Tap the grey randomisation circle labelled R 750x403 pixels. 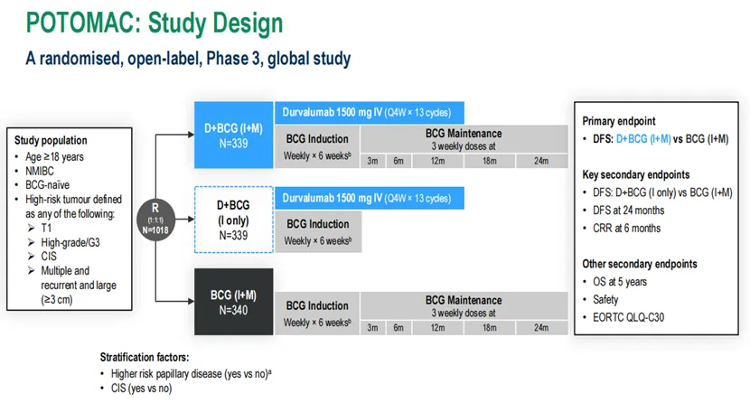point(155,220)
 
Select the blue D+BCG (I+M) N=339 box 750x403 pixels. point(233,135)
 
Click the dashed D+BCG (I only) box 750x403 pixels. point(233,220)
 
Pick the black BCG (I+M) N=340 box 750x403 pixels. point(233,302)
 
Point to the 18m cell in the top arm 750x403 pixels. point(490,161)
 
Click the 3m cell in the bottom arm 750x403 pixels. point(372,328)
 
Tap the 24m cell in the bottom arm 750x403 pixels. point(541,328)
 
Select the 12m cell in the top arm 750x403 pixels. point(437,161)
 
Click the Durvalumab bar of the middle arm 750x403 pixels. point(370,198)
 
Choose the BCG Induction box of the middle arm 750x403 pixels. point(318,231)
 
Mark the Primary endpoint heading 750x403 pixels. point(618,121)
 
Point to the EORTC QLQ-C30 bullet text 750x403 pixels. point(629,317)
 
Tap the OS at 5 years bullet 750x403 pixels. point(620,282)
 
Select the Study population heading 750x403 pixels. point(51,140)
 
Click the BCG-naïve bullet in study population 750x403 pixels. point(47,184)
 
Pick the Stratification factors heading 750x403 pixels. point(145,357)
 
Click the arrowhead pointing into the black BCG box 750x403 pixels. point(191,302)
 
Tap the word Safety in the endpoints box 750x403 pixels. point(605,300)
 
